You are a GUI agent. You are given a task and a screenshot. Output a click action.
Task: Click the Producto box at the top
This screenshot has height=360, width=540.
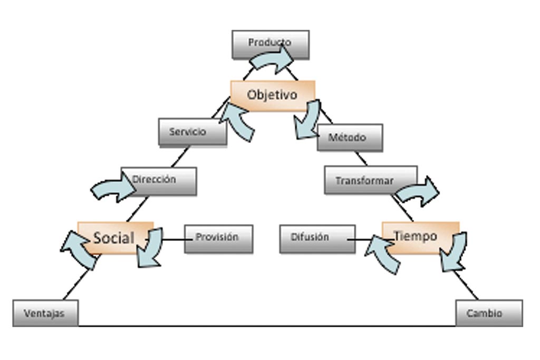pos(271,42)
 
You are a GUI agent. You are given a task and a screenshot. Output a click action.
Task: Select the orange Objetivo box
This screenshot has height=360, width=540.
pos(272,95)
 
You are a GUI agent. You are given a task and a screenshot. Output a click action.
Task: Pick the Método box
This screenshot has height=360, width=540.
pos(350,138)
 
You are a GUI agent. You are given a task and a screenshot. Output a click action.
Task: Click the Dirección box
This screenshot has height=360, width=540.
pos(158,180)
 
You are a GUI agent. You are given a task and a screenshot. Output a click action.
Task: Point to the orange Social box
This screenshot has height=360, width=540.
pos(114,237)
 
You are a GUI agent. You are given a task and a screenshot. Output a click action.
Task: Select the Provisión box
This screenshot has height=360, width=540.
pos(218,238)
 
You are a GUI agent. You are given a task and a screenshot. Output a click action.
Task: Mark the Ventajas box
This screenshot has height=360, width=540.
pos(45,313)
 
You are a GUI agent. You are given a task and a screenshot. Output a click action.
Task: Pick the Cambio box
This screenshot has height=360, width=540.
pos(489,313)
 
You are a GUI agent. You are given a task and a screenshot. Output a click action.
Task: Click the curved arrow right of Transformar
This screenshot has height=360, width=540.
pos(419,192)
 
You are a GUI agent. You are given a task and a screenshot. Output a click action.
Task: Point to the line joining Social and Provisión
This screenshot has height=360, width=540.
pos(173,240)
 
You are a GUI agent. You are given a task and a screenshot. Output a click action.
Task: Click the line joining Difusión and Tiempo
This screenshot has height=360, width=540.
pos(359,240)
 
